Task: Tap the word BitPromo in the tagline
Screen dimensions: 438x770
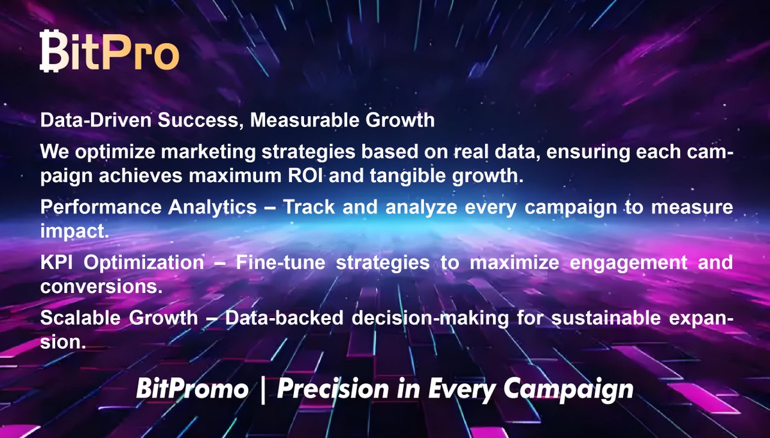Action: (191, 389)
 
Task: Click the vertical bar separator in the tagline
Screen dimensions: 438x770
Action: (262, 389)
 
